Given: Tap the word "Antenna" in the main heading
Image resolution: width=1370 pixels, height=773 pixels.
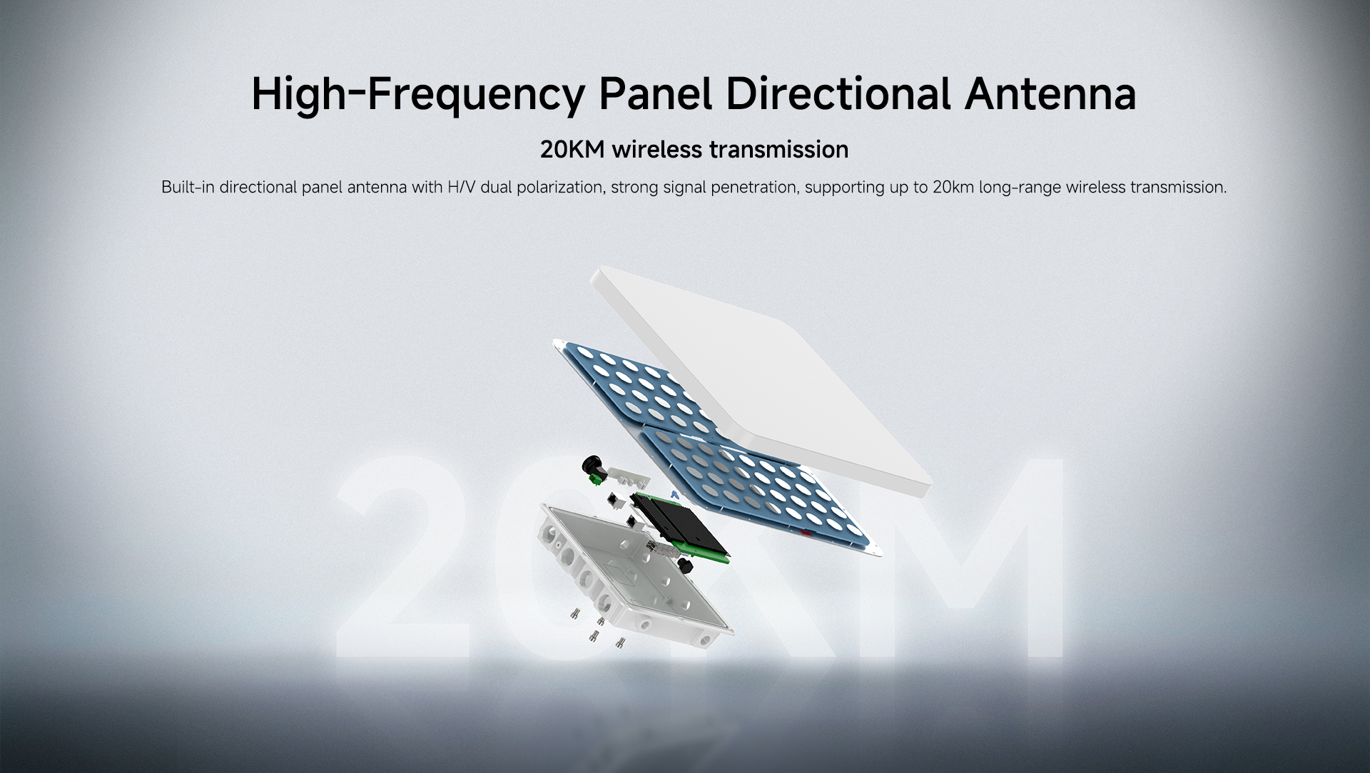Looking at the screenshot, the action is [1050, 93].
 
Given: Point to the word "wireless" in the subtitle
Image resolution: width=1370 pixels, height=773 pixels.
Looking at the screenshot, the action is [657, 150].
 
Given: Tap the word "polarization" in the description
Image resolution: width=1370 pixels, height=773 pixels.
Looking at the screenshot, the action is [557, 188].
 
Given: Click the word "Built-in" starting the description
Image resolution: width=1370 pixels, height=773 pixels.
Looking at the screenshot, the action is [188, 187].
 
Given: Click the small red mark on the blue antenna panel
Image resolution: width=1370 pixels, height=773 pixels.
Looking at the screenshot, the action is [806, 532].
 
